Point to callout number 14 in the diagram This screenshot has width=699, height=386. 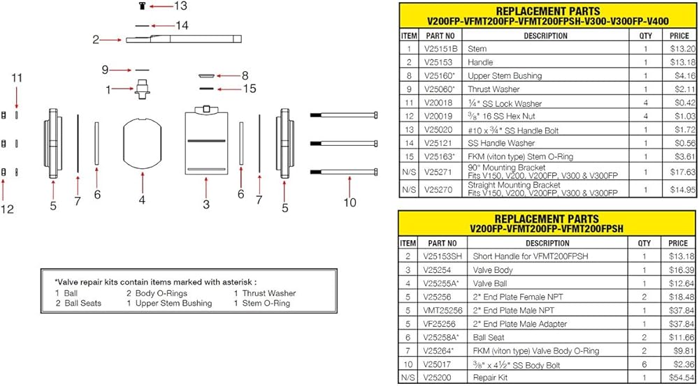tap(182, 25)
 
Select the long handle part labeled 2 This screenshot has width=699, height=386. tap(184, 38)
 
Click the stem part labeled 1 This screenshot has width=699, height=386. tap(142, 89)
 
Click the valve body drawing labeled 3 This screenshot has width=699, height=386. tap(206, 142)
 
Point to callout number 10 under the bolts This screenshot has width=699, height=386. tap(350, 202)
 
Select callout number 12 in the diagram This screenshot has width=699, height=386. tap(7, 209)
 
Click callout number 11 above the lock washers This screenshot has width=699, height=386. tap(17, 79)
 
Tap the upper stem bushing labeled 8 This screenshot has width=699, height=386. tap(207, 76)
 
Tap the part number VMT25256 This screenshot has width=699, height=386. tap(442, 311)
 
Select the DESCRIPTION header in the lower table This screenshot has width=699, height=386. tap(547, 243)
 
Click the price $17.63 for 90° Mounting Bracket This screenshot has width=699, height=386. tap(682, 172)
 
